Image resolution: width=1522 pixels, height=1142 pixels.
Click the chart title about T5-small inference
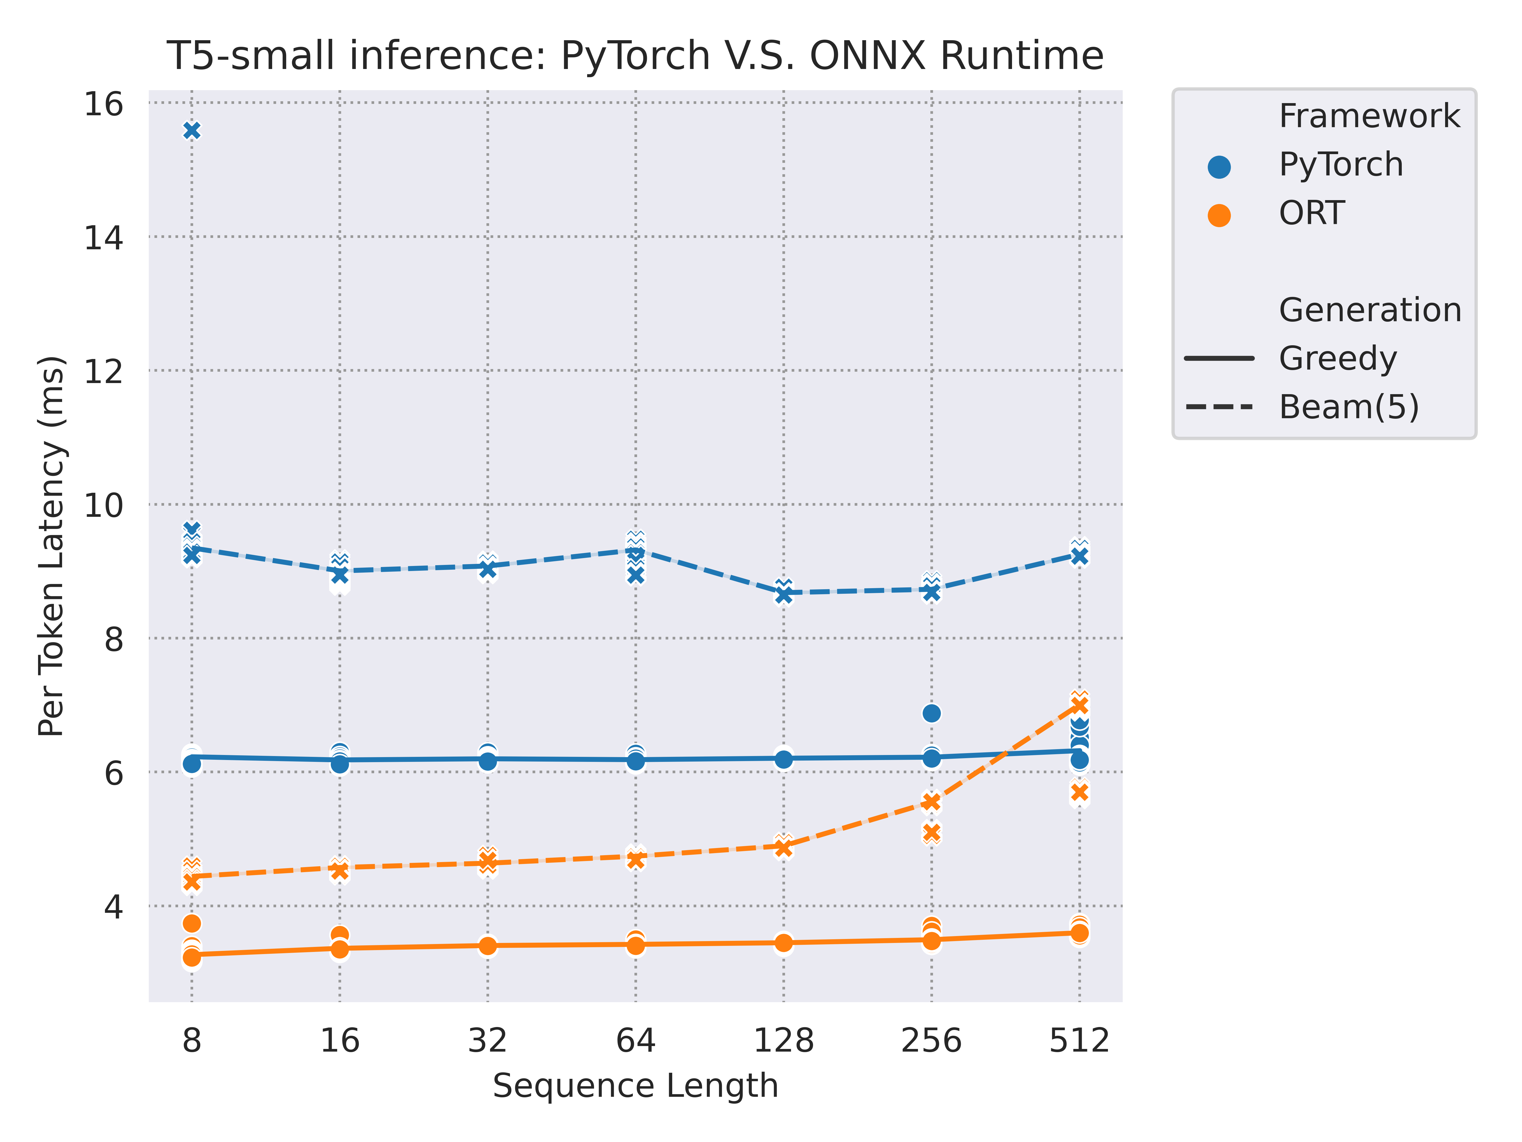pos(634,56)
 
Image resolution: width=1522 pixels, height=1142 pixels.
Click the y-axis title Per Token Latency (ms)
pos(52,546)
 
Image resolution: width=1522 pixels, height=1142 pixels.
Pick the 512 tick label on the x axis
pos(1079,1040)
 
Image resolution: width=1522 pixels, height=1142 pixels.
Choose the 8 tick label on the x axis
pos(192,1040)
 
